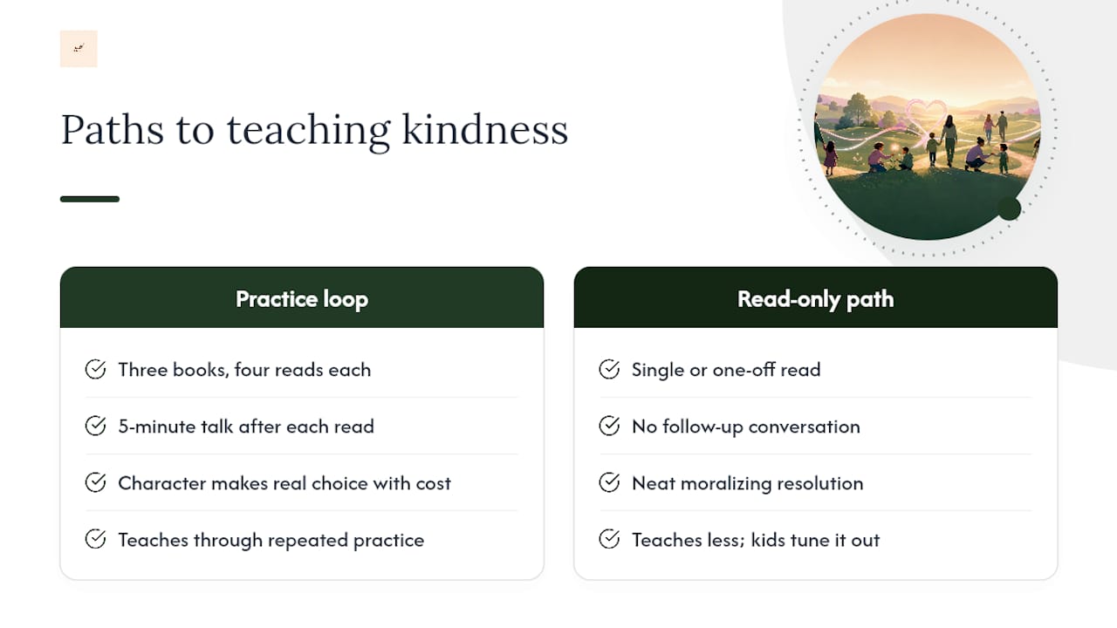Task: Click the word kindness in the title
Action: [484, 130]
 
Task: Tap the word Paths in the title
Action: [113, 130]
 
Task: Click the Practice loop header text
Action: [302, 299]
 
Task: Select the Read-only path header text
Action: [815, 299]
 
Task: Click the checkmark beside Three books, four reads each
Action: [95, 369]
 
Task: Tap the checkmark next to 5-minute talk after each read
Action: [95, 427]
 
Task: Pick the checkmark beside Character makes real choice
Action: [95, 482]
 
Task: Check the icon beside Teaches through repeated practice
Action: [95, 539]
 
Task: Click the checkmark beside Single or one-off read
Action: [609, 369]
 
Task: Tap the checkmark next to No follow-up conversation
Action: [609, 427]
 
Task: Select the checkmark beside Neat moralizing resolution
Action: [609, 482]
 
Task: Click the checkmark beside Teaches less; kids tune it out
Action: [609, 539]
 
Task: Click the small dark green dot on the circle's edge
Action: [1010, 208]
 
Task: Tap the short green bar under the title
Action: [90, 199]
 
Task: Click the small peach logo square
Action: [79, 49]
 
